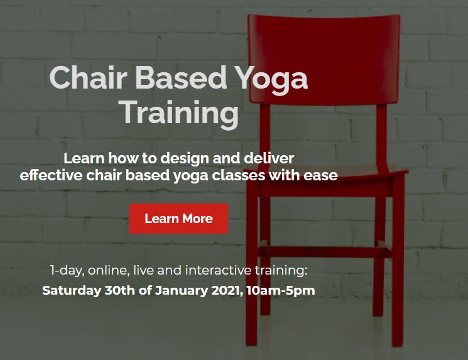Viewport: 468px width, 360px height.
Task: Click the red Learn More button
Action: (x=179, y=219)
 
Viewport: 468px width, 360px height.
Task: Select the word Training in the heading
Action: (x=180, y=114)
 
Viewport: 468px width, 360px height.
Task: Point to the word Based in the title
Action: (x=181, y=77)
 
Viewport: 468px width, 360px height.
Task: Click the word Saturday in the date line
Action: (x=72, y=290)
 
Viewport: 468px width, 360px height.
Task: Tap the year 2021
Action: (x=227, y=290)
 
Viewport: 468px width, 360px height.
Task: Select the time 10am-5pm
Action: (x=281, y=291)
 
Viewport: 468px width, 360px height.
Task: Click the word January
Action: (x=182, y=291)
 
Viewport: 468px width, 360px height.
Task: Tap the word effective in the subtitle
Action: (x=51, y=175)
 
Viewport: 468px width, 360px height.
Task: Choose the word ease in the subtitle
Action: (x=321, y=175)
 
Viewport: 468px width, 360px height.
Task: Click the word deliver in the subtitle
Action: (x=269, y=158)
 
